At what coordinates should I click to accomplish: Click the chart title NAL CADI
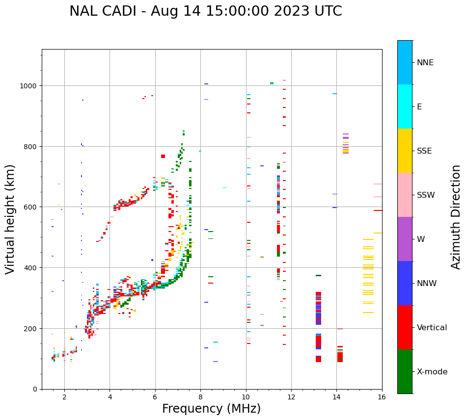tap(205, 11)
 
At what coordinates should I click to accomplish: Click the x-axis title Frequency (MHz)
tap(211, 409)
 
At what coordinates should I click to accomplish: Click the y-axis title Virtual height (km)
tap(10, 219)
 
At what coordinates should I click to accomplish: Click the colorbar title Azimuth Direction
tap(456, 217)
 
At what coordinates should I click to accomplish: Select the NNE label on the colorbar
tap(425, 63)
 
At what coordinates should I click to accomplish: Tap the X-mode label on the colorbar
tap(432, 372)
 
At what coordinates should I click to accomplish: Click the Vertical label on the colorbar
tap(432, 328)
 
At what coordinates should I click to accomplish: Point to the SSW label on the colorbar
tap(426, 195)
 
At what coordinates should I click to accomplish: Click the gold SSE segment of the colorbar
tap(405, 151)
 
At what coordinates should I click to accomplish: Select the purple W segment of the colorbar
tap(405, 239)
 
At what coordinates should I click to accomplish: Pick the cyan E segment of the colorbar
tap(405, 106)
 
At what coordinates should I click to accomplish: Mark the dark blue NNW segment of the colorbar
tap(405, 283)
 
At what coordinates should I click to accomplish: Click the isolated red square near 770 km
tap(163, 156)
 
